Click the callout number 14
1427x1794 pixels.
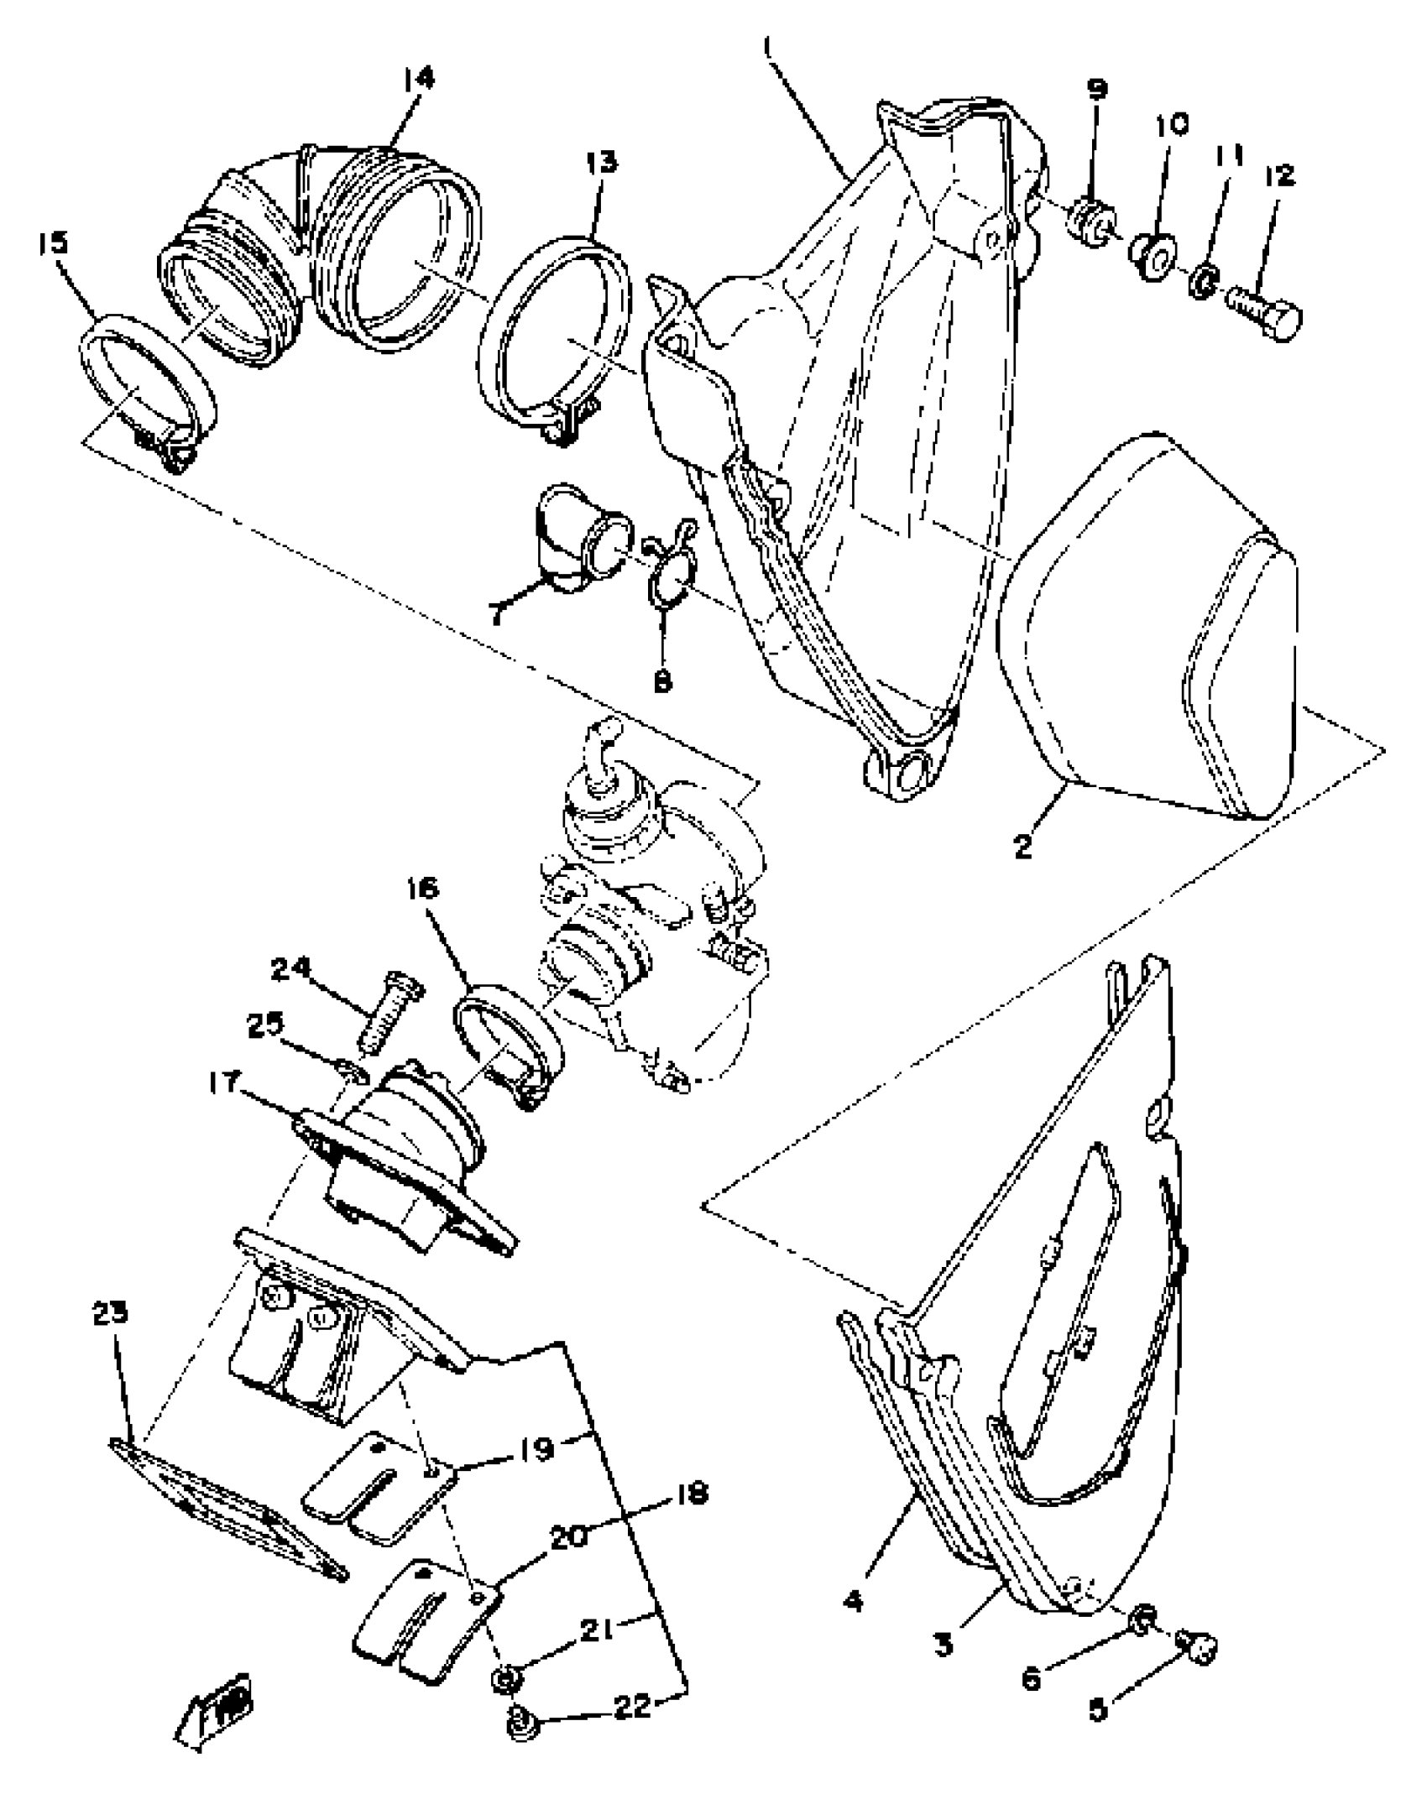point(418,80)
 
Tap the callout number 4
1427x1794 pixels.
point(854,1601)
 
